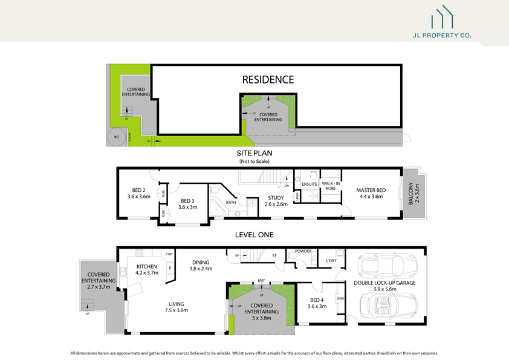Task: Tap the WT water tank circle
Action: pos(116,137)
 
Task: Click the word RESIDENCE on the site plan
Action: pos(268,79)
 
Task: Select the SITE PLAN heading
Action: pos(254,154)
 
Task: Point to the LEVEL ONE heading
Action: pos(254,234)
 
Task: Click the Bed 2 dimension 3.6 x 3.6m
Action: pos(138,196)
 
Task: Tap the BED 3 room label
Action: pos(188,200)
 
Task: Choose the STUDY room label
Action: pos(276,198)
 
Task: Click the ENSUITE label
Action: pos(310,184)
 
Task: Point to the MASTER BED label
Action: pos(372,189)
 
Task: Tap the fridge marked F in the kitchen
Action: pos(170,267)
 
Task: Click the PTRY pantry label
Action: pos(169,254)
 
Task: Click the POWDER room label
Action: pos(303,251)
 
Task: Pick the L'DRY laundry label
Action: pos(331,261)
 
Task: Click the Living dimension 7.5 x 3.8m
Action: pos(177,310)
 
